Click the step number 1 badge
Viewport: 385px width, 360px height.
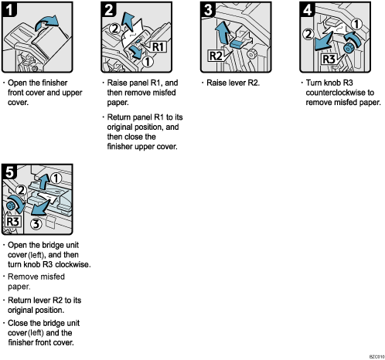pos(10,12)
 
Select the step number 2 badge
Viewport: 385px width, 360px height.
pos(110,12)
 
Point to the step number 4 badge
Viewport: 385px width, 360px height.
pos(307,12)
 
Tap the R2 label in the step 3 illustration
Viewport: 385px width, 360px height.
pos(216,56)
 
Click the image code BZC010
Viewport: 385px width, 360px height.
pos(370,355)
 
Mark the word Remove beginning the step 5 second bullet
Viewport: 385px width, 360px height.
pos(22,276)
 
